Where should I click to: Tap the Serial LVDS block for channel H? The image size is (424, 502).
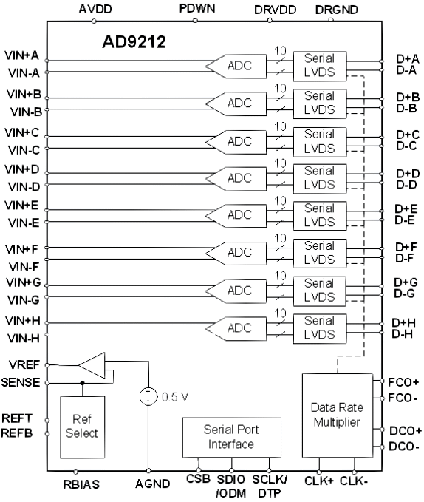coord(319,328)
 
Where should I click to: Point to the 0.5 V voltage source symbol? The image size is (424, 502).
coord(148,395)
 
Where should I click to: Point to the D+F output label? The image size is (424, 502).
coord(406,246)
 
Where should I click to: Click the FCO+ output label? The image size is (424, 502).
coord(403,384)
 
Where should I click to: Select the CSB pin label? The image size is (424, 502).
coord(197,480)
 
